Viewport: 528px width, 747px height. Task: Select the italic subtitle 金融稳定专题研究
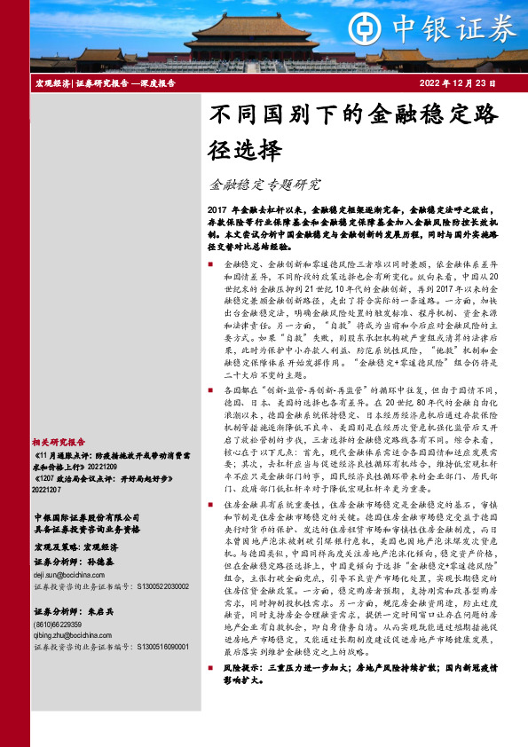pos(264,185)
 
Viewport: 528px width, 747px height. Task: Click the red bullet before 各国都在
pos(211,389)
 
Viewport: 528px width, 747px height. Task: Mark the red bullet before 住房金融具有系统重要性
pos(211,503)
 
